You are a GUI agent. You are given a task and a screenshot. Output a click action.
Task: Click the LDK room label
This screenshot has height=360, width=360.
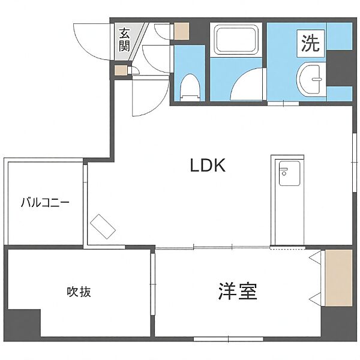208,166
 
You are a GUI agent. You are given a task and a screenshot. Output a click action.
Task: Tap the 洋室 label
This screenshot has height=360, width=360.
238,291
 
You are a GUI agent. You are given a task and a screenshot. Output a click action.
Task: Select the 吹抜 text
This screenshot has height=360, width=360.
79,292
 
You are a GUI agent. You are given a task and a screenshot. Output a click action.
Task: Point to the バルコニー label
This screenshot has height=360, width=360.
45,203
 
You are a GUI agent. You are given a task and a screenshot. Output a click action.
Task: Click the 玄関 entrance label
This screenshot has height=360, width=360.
124,40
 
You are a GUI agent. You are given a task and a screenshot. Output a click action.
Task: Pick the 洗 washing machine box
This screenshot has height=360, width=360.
311,43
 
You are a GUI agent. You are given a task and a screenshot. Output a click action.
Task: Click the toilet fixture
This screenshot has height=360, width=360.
190,88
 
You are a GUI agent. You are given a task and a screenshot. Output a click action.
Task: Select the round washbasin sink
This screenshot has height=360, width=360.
310,79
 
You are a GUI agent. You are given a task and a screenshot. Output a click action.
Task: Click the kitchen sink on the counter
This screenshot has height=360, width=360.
289,173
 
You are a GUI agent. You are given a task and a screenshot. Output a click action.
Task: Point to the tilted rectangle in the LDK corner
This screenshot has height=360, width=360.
103,227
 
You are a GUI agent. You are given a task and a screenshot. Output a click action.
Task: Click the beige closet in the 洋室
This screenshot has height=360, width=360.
338,278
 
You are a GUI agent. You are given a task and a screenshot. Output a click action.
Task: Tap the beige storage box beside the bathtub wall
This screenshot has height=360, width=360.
181,31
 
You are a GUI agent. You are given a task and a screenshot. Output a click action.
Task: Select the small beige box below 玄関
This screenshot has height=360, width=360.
121,70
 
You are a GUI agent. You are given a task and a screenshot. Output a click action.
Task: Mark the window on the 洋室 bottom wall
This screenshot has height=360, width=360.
229,339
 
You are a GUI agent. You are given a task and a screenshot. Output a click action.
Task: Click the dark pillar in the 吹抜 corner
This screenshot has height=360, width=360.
23,323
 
